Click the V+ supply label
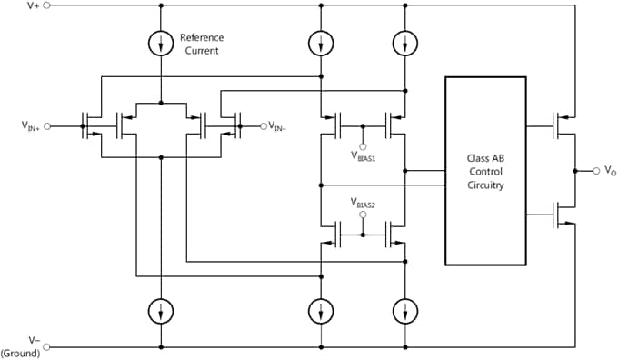pos(33,5)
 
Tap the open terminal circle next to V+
pos(47,5)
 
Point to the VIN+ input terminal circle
pos(47,126)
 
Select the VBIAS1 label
pos(363,155)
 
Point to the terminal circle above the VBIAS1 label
pos(363,145)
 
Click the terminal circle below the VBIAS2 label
pos(363,215)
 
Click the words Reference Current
pos(201,44)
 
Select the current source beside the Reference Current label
pos(161,43)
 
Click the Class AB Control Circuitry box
pos(485,170)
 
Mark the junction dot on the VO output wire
pos(575,170)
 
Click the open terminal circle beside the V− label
pos(47,346)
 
